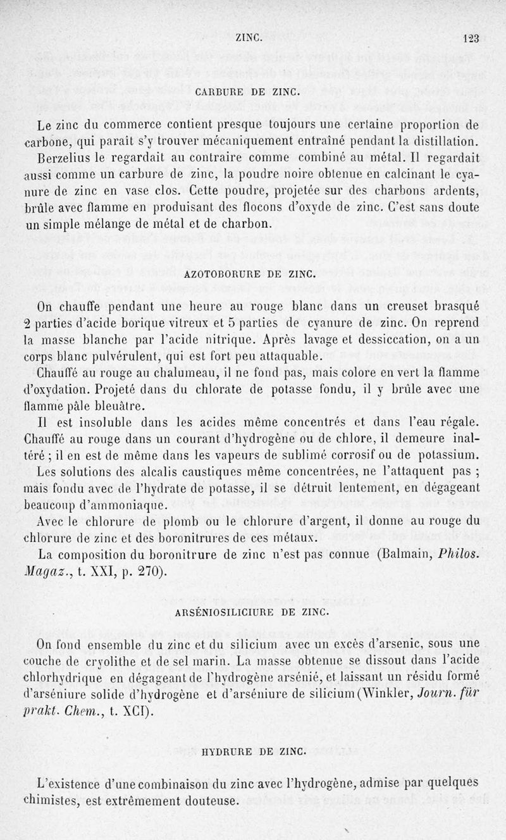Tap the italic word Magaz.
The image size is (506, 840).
pos(59,573)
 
